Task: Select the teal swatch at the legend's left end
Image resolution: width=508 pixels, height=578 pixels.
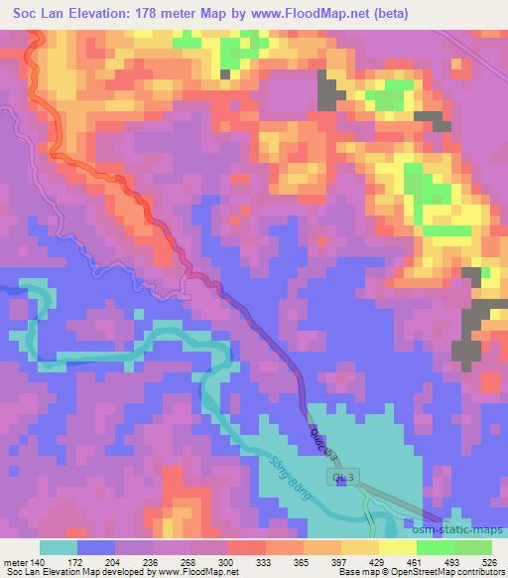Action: tap(58, 547)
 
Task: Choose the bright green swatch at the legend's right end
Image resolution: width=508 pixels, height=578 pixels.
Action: tap(474, 547)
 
